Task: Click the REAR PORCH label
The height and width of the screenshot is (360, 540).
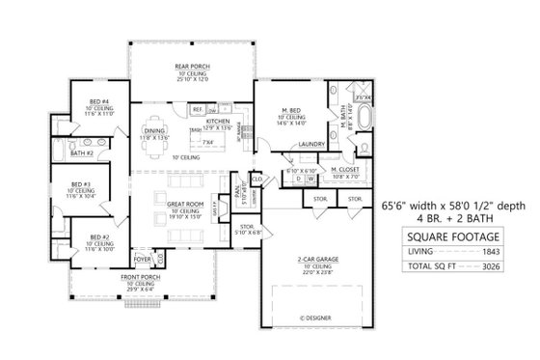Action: click(193, 66)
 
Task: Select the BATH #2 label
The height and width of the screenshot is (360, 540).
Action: click(83, 152)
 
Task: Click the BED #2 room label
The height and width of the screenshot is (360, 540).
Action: click(98, 236)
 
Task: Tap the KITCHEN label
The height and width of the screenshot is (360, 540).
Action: click(218, 122)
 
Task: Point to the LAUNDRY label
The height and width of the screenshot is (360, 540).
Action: click(310, 144)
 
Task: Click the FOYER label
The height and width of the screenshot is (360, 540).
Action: click(141, 258)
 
